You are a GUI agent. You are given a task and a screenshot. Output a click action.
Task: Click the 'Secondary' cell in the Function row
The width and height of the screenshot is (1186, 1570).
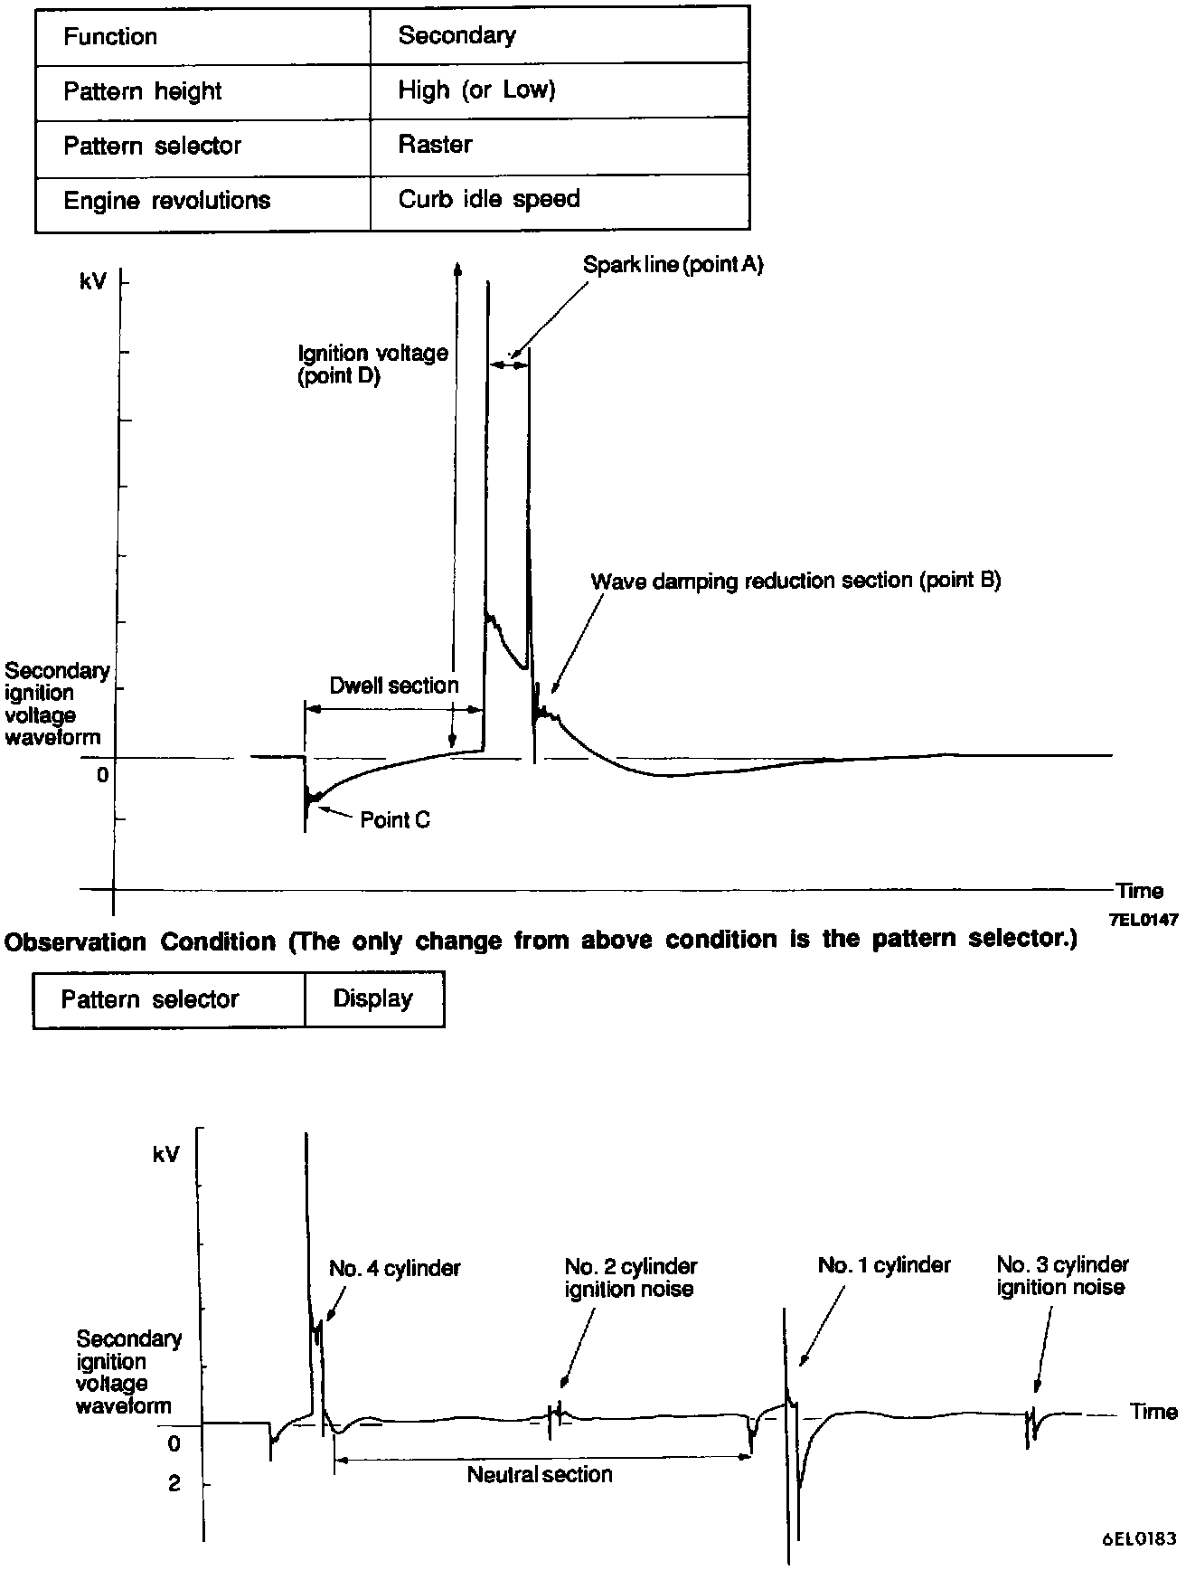[x=457, y=36]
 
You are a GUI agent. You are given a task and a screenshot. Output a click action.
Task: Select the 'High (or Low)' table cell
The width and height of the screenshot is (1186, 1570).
[x=476, y=90]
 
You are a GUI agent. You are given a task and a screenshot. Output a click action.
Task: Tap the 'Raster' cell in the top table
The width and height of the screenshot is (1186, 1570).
[x=435, y=145]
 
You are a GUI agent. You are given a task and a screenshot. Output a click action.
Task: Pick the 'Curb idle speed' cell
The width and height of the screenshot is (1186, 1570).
[x=488, y=199]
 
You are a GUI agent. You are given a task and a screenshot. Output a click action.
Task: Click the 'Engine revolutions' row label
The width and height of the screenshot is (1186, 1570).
[x=166, y=200]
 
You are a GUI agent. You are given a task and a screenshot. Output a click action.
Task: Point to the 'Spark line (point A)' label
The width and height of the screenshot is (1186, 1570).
[x=673, y=265]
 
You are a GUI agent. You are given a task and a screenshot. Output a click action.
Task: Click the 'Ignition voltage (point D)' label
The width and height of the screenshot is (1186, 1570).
[x=372, y=364]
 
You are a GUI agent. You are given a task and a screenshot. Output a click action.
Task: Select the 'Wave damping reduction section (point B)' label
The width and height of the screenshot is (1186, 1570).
[x=795, y=581]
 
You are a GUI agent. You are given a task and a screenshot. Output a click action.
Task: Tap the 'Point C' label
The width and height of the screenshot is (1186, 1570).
[x=395, y=820]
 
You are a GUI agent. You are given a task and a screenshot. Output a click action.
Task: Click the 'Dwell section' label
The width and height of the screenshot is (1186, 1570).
[x=394, y=686]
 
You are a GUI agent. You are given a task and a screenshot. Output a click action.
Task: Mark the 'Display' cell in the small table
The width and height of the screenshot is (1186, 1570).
[x=372, y=998]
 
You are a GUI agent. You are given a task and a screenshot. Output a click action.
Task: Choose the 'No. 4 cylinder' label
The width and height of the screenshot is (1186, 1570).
[x=394, y=1268]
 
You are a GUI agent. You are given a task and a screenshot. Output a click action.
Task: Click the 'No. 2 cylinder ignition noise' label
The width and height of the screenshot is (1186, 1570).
[x=630, y=1277]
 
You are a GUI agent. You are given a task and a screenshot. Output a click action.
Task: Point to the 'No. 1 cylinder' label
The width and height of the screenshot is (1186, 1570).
[x=883, y=1264]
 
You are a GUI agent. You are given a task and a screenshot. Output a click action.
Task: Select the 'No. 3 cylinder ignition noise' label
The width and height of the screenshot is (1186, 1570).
[x=1062, y=1275]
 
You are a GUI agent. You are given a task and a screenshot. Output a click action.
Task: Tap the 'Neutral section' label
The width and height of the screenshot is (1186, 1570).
[x=540, y=1475]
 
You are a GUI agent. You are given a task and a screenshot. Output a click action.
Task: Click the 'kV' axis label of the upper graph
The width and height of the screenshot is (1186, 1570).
[x=93, y=282]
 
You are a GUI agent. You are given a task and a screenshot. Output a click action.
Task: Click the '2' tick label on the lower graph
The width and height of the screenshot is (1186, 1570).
[x=174, y=1484]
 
